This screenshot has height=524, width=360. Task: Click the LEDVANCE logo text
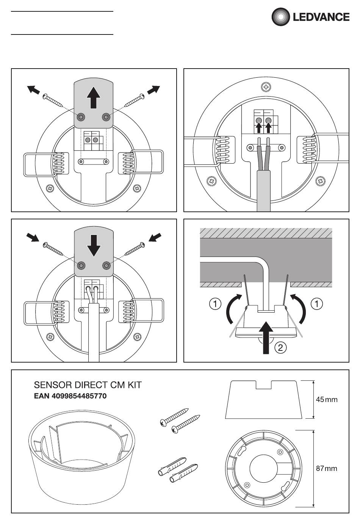pos(321,17)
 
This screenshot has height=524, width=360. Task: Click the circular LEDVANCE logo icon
pos(280,17)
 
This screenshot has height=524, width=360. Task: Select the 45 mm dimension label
pos(327,399)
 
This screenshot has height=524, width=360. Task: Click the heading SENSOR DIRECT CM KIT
pos(88,385)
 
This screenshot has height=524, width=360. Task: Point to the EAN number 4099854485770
pos(70,396)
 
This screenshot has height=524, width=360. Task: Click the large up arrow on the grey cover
pos(94,97)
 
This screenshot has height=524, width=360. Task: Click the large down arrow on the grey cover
pos(94,246)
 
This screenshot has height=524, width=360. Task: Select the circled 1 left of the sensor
pos(215,304)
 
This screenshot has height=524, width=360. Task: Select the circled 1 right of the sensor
pos(317,304)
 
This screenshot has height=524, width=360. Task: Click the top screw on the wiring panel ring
pos(266,87)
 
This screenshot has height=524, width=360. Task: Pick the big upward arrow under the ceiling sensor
pos(266,338)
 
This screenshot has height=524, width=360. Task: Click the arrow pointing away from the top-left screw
pos(33,90)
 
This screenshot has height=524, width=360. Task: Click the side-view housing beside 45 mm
pos(264,400)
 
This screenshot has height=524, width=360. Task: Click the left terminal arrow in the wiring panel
pos(258,127)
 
